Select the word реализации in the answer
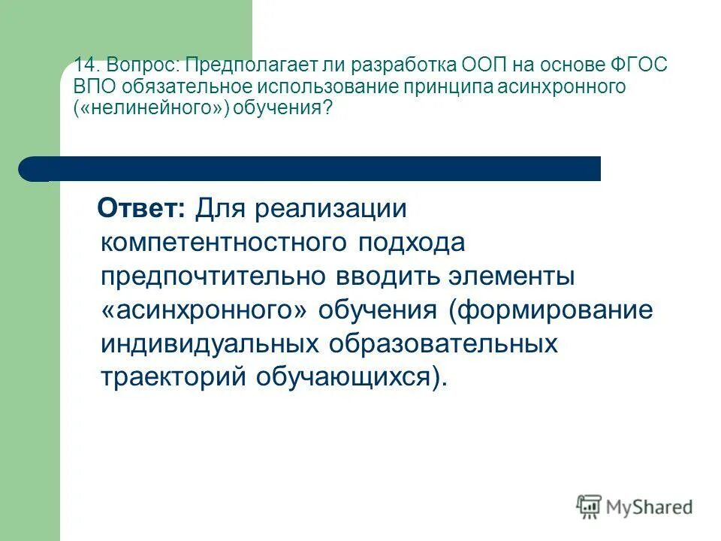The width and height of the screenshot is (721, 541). [332, 209]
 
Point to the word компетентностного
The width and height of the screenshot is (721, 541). [223, 243]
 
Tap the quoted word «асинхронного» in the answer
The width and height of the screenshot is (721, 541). [204, 310]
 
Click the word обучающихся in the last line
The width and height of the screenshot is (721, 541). [344, 377]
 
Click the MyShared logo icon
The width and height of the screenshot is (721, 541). [590, 506]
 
